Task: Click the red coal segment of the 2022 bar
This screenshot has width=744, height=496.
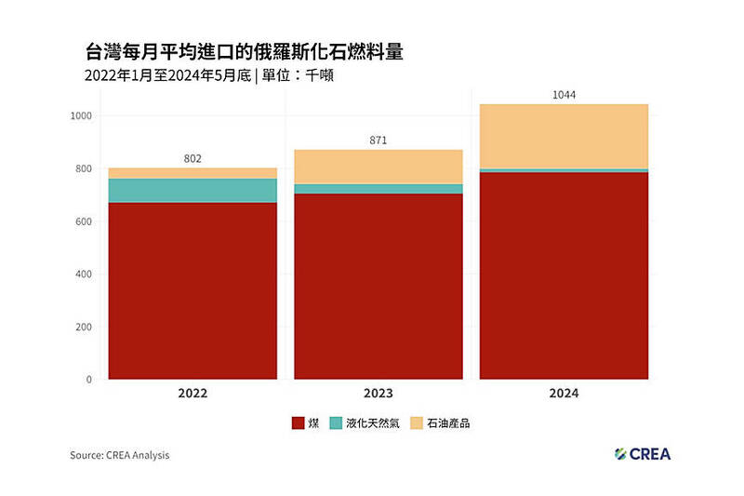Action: tap(193, 290)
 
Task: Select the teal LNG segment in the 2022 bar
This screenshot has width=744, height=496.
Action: tap(193, 190)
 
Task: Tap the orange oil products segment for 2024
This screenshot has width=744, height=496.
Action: tap(564, 136)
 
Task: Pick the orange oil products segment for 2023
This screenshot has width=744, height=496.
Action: tap(379, 167)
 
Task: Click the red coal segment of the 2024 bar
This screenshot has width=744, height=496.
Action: tap(564, 275)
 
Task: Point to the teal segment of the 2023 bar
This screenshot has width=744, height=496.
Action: tap(379, 189)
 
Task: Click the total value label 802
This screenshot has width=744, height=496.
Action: tap(193, 158)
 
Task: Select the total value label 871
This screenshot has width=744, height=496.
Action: tap(378, 141)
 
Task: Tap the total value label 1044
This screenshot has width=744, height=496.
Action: tap(564, 94)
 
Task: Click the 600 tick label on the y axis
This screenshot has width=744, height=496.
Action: tap(83, 221)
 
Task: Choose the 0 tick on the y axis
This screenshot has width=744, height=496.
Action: tap(88, 380)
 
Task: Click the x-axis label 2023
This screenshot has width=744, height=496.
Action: tap(379, 394)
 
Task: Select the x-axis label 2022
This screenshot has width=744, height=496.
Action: tap(193, 394)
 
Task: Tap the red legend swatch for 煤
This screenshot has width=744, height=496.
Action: tap(298, 423)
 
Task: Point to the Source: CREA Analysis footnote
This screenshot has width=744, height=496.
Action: tap(120, 455)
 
